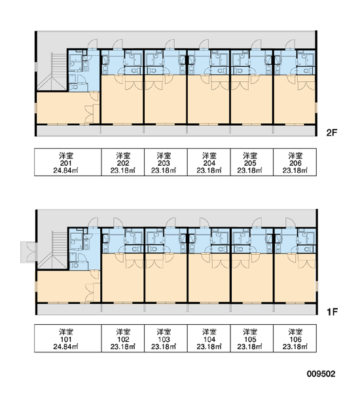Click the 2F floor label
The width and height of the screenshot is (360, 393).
(x=332, y=132)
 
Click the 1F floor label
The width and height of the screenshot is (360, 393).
(x=333, y=312)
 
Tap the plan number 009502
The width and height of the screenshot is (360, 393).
(x=321, y=374)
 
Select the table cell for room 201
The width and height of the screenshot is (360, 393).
(x=68, y=162)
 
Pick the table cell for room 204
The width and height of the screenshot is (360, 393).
(x=209, y=162)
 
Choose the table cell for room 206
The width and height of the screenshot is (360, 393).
(x=295, y=162)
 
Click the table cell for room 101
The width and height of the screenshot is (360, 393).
(x=68, y=339)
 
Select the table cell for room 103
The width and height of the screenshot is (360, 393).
(x=166, y=339)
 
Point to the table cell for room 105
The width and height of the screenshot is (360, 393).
(x=252, y=339)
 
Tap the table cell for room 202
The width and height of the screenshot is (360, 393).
(x=123, y=162)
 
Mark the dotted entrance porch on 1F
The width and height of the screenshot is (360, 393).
(x=28, y=252)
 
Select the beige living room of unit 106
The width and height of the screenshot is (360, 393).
(x=295, y=278)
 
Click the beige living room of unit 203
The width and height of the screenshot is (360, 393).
(x=166, y=100)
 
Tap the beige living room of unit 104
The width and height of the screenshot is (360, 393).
(x=209, y=278)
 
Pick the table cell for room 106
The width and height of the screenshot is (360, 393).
(x=295, y=339)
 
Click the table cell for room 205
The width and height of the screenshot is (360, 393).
(x=252, y=162)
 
